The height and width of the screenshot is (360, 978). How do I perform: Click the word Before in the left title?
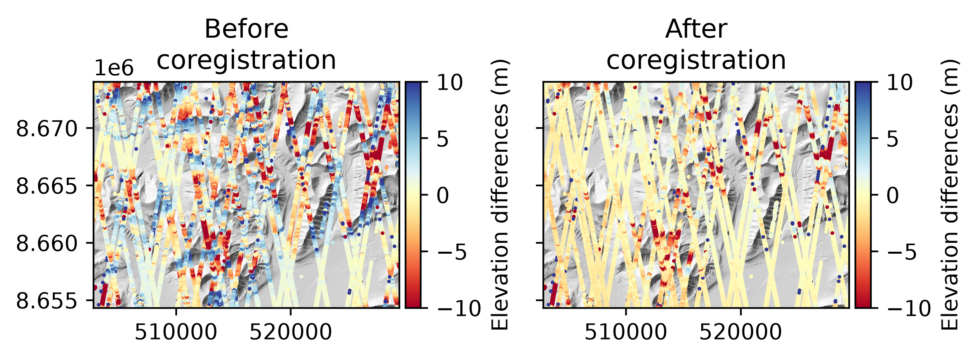[246, 29]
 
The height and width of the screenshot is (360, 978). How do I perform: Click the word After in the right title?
[696, 29]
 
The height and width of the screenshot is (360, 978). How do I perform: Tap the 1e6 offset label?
[114, 68]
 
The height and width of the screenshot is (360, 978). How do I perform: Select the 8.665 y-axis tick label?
[47, 186]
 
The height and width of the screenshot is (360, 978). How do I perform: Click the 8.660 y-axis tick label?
[47, 243]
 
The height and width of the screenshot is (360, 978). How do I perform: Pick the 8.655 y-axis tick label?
[47, 301]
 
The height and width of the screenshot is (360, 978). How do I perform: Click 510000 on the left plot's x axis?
[176, 332]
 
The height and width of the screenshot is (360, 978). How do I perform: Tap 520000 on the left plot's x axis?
[291, 332]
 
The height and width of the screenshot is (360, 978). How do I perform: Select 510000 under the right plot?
[626, 332]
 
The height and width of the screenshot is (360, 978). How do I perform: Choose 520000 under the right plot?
[740, 332]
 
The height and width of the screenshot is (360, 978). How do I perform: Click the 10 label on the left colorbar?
[450, 83]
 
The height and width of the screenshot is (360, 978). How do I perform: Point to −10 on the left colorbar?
[459, 308]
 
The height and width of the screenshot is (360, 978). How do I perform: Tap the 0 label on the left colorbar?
[443, 196]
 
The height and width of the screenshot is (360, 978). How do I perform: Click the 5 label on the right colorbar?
[893, 139]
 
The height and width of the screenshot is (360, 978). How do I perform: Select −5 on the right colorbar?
[902, 252]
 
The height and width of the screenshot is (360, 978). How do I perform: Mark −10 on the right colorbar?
[909, 308]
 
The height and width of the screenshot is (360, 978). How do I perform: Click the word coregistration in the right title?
[696, 60]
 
